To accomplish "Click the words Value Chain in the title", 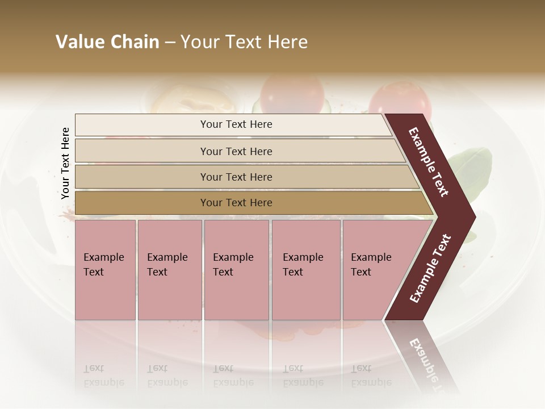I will point(107,42).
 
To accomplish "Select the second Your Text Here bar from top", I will point(236,151).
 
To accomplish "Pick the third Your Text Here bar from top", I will point(236,177).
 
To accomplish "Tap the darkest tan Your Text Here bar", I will point(236,203).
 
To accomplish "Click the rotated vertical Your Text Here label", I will point(65,163).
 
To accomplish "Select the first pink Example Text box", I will point(105,270).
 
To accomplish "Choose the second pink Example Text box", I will point(169,270).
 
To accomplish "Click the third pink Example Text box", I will point(236,270).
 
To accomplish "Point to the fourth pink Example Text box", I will point(306,270).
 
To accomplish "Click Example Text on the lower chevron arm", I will point(430,269).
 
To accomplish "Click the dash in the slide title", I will point(170,43).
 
